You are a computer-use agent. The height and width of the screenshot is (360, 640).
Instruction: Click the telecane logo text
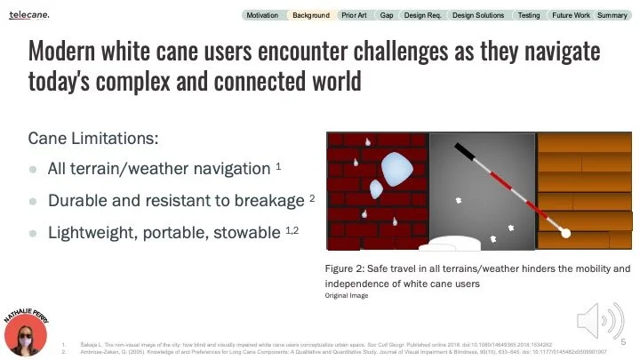pos(29,15)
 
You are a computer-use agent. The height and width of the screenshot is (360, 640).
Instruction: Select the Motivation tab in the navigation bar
pos(262,15)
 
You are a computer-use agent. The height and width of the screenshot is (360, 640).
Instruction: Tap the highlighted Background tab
pos(310,15)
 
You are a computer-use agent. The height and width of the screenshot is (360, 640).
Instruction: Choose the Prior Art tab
pos(354,15)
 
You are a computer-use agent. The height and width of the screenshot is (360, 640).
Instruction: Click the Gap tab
pos(387,15)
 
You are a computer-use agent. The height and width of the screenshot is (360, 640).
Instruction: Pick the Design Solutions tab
pos(478,15)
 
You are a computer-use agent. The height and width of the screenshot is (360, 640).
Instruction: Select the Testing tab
pos(529,15)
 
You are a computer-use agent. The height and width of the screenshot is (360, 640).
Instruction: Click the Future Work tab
pos(570,15)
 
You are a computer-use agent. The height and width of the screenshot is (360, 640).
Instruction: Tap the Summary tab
pos(612,15)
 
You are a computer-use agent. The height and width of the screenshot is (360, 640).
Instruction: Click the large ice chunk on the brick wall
pos(392,166)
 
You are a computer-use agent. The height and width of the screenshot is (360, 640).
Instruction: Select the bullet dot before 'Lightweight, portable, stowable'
pos(33,233)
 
